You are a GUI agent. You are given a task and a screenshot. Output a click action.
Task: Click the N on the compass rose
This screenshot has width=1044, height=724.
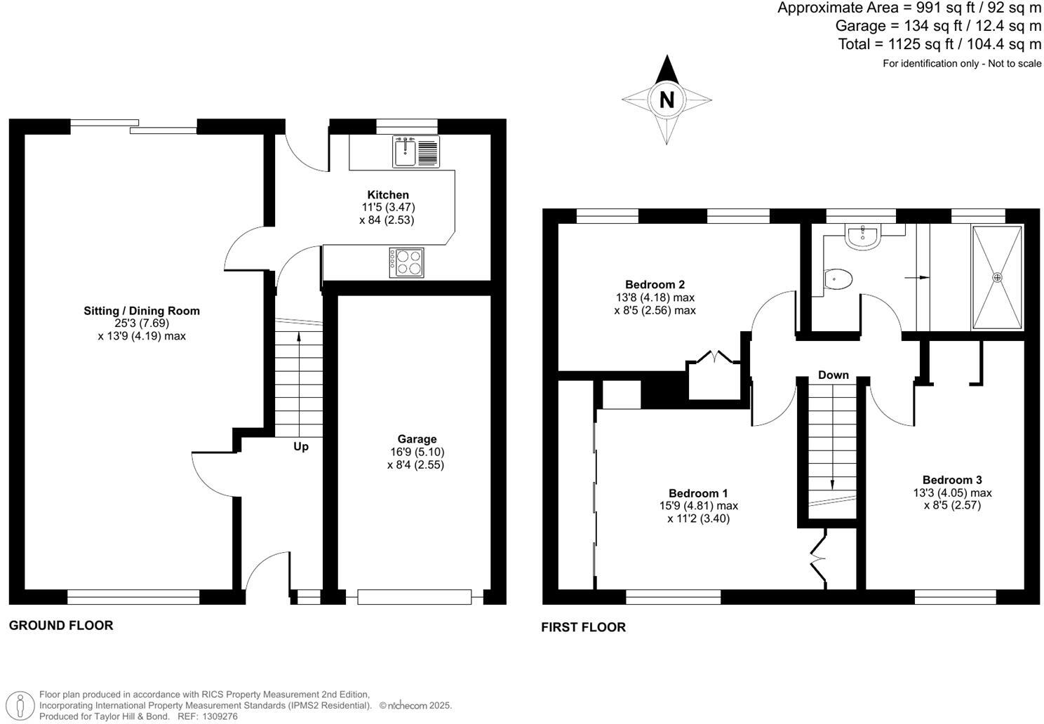tap(666, 100)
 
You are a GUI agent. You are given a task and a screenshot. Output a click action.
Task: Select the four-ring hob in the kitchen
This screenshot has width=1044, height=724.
tap(407, 263)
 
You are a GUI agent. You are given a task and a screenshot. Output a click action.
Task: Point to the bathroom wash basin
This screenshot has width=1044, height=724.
tap(861, 237)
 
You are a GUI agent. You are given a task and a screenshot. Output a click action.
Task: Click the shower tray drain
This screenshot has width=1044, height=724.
tap(997, 277)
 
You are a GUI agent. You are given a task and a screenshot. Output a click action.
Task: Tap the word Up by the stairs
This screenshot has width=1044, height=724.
tap(300, 446)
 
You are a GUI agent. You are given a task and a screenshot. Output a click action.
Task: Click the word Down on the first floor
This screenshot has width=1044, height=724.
tap(833, 375)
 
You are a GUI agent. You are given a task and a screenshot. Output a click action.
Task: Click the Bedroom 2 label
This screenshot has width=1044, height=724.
tap(655, 285)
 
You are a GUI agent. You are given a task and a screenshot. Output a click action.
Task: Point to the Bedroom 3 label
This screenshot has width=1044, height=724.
tap(952, 480)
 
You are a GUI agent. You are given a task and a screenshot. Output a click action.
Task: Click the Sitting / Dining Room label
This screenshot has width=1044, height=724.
tap(142, 311)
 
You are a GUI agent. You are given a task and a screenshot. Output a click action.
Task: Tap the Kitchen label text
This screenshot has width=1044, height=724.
tap(388, 195)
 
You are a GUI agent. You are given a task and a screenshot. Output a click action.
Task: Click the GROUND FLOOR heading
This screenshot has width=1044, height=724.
tap(61, 625)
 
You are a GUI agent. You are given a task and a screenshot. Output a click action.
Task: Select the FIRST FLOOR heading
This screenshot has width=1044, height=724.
tap(583, 627)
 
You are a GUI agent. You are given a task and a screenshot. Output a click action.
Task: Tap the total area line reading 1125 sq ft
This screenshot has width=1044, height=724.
tap(939, 44)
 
